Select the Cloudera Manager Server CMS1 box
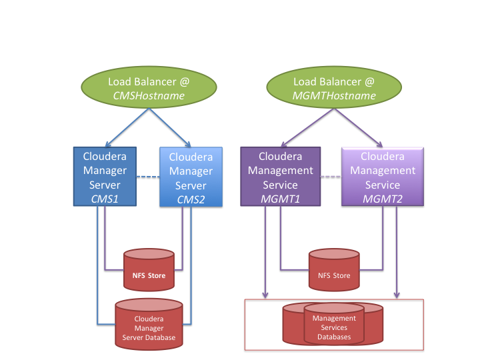pyautogui.click(x=105, y=177)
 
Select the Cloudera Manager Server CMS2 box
pyautogui.click(x=191, y=177)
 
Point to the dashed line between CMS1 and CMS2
pyautogui.click(x=148, y=177)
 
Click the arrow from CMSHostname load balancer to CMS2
pyautogui.click(x=170, y=127)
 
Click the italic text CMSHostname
pyautogui.click(x=148, y=96)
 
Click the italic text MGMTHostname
pyautogui.click(x=325, y=96)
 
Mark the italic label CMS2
pyautogui.click(x=191, y=199)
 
